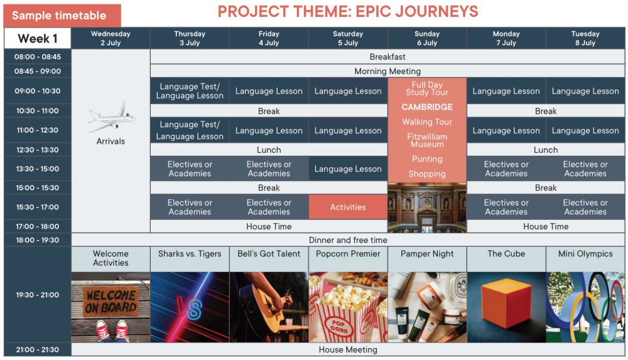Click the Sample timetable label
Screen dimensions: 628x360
59,16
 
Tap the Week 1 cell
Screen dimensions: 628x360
38,38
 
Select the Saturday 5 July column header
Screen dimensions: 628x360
348,38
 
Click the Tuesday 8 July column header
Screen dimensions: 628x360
585,38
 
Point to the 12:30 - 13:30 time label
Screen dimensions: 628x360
38,150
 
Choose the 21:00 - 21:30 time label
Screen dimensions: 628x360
38,349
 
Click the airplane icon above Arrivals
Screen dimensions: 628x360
111,117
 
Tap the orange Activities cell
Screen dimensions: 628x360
348,207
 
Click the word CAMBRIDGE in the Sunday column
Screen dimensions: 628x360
427,107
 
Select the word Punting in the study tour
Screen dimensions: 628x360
427,159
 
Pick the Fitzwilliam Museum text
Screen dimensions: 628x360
427,140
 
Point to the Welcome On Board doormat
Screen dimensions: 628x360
111,302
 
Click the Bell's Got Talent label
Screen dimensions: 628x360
269,254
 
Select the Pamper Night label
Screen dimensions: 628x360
427,254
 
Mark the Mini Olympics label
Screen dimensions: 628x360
585,254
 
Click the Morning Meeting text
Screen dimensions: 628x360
387,72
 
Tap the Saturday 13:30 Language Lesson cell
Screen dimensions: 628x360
348,169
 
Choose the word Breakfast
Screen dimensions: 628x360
387,57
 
